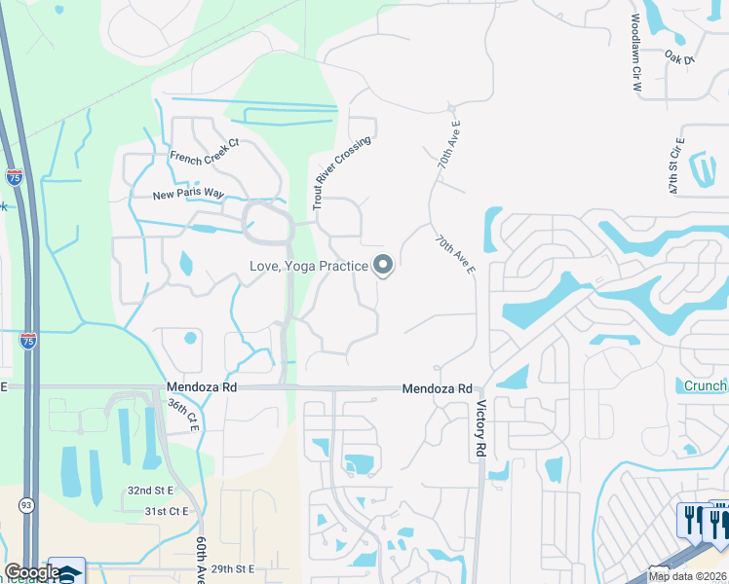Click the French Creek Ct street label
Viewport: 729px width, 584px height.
coord(205,150)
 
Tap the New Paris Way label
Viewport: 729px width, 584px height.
coord(188,195)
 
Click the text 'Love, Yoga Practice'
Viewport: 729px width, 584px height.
coord(307,266)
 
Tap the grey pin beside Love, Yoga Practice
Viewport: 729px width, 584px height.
coord(383,264)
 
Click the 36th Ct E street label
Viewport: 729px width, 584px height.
coord(182,414)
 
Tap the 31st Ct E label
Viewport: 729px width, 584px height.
coord(166,511)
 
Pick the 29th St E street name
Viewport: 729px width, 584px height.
coord(232,568)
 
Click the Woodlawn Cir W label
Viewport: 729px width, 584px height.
coord(635,54)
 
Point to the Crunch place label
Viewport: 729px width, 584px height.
coord(705,386)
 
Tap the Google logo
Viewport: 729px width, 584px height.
coord(31,572)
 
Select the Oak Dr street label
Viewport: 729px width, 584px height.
coord(679,59)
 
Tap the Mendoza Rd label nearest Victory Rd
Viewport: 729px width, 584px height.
coord(438,387)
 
